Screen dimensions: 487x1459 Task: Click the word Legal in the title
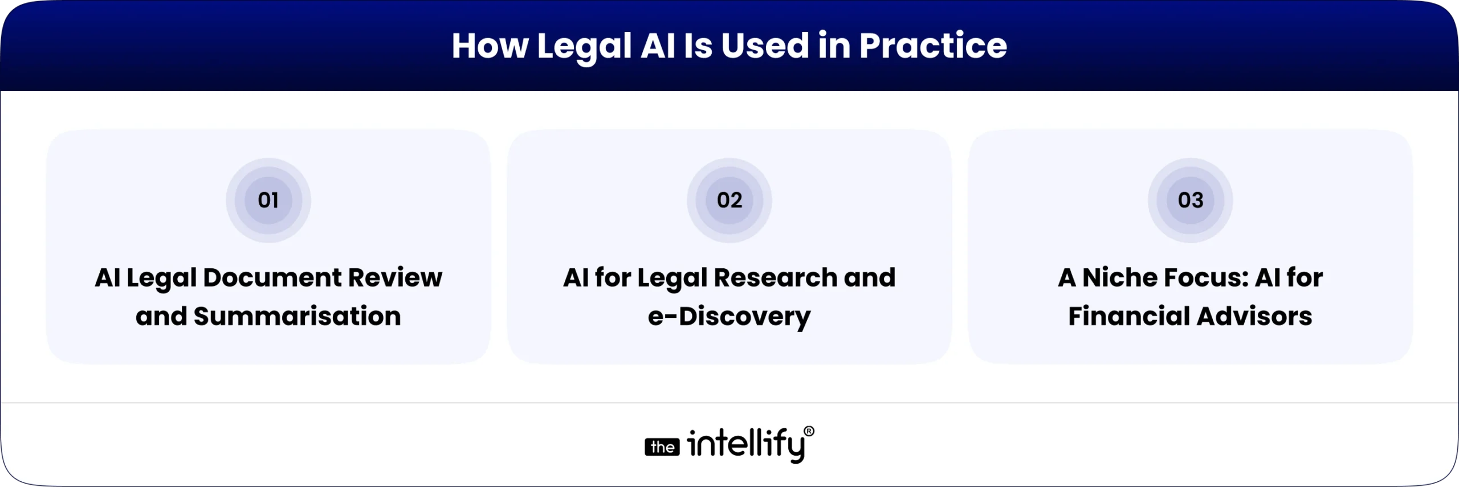click(584, 47)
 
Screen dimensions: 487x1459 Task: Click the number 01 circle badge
click(268, 200)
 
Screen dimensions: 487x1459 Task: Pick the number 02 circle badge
click(729, 200)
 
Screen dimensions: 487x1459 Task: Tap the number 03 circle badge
click(1191, 200)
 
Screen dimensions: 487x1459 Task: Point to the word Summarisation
click(297, 317)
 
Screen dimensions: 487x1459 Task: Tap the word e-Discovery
click(729, 317)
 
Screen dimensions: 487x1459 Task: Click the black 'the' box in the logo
click(662, 448)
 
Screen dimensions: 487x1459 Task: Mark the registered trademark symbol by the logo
click(809, 432)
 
